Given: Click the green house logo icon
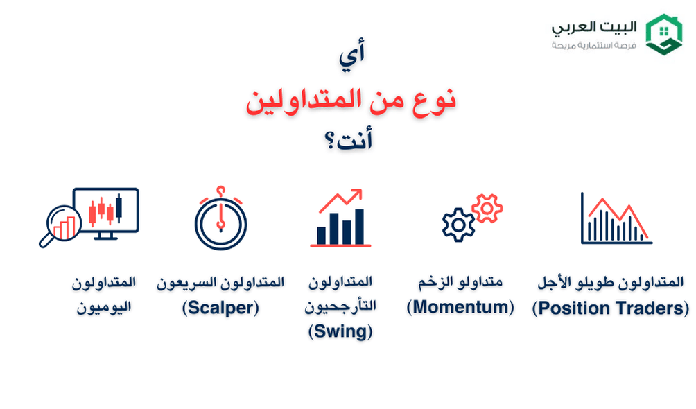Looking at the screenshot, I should (x=663, y=35).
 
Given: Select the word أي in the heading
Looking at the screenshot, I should (x=352, y=57).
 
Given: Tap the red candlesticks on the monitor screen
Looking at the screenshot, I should (x=105, y=209).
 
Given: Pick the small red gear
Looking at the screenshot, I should (x=487, y=207).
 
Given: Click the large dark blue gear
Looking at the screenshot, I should (x=458, y=225).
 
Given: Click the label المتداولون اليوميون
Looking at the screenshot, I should (x=104, y=295).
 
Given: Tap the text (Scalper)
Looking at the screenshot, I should (x=220, y=308).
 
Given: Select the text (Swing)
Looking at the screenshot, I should (x=340, y=331).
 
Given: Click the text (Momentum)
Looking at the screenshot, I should (x=460, y=307).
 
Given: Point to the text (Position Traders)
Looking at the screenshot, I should (x=611, y=308).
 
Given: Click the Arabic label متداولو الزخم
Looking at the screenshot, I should (x=460, y=282).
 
